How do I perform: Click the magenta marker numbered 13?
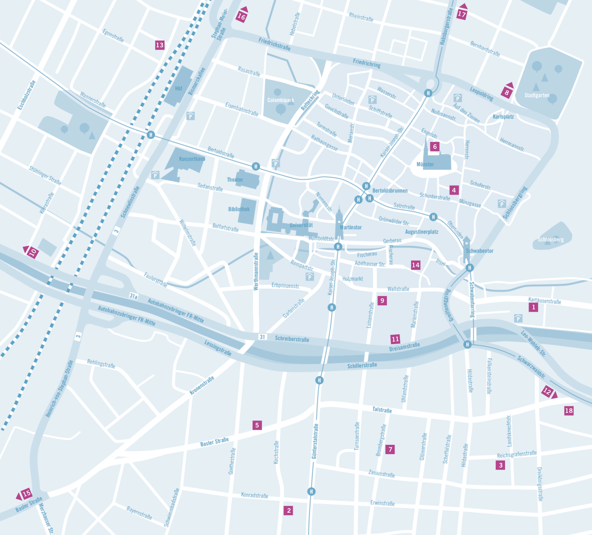[160, 45]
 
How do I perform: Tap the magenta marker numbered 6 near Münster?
[435, 146]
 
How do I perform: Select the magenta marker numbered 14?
[415, 265]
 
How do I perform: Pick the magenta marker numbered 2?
[288, 510]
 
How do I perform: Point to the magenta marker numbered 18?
[569, 410]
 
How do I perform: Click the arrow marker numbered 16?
[242, 15]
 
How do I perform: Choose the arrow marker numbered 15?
[25, 494]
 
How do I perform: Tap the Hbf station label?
[178, 89]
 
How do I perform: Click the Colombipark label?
[280, 100]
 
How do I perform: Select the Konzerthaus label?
[192, 159]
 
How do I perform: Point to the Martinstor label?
[351, 227]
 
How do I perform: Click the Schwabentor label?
[480, 251]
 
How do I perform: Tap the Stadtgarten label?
[537, 95]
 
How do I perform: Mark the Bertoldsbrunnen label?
[390, 190]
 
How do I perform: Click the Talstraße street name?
[382, 410]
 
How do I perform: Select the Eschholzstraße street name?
[27, 95]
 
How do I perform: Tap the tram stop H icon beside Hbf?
[151, 135]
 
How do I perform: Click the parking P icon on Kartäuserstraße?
[518, 318]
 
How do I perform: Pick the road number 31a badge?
[133, 296]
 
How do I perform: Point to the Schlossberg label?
[550, 239]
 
